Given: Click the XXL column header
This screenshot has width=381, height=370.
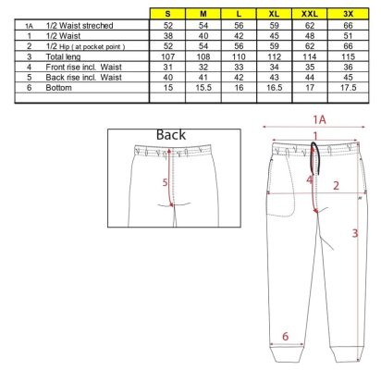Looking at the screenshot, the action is tap(310, 14).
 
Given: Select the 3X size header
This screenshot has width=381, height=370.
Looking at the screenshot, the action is tap(348, 14).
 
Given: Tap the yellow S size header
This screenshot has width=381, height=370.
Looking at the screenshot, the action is tap(167, 14).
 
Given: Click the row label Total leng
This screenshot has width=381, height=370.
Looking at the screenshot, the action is tap(63, 56).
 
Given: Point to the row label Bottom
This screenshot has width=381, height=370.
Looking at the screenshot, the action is tap(58, 88).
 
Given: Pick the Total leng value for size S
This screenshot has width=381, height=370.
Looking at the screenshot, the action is tap(167, 56).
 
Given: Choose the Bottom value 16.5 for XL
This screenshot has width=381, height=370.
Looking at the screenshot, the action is tap(275, 88).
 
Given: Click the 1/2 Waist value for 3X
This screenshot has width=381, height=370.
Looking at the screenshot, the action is tap(348, 36).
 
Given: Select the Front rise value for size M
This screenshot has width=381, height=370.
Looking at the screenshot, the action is tap(203, 68).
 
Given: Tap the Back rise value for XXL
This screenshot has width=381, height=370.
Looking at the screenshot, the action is tap(310, 78).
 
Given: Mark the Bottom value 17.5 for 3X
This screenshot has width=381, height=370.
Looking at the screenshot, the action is tap(348, 88).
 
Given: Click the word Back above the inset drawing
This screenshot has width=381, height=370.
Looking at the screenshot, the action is tap(171, 135).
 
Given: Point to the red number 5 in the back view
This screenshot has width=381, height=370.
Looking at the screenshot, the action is tap(166, 182).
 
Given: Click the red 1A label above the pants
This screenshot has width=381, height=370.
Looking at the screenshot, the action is tap(319, 119).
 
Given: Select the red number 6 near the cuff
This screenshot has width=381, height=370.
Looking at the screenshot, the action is tap(286, 336).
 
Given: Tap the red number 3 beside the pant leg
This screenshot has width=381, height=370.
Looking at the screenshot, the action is tap(355, 233).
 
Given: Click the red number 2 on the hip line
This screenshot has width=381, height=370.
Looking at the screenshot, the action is tap(336, 185).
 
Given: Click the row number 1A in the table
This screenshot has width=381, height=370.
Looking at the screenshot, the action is tap(29, 26).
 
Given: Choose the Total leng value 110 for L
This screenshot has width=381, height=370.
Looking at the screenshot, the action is tap(239, 56).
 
